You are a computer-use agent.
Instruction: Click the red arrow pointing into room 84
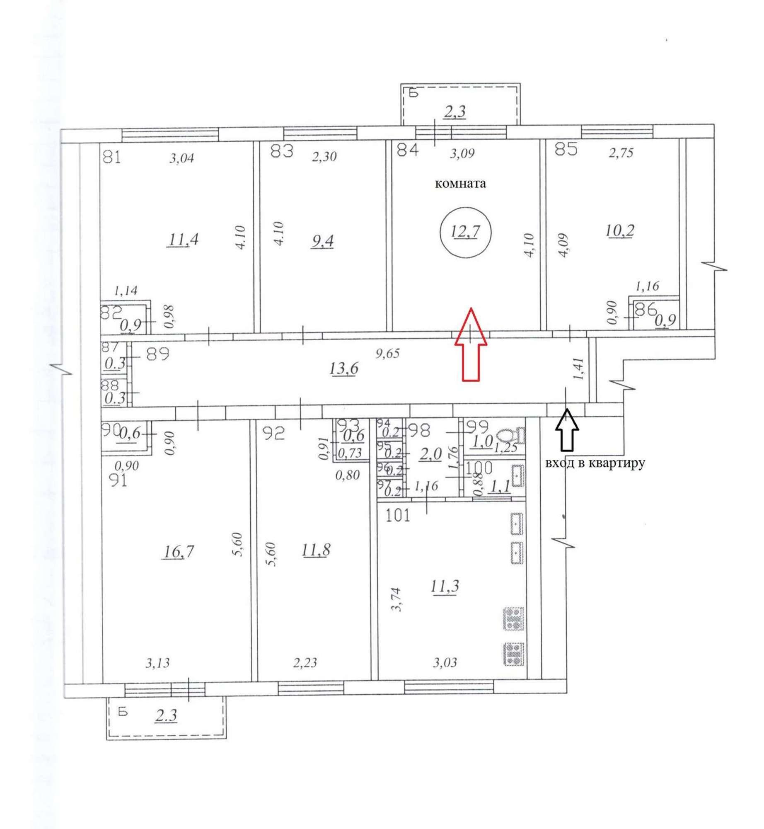[471, 344]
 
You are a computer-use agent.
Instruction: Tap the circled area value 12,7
[465, 232]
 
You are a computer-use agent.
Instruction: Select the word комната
[460, 184]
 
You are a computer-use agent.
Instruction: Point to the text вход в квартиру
[595, 463]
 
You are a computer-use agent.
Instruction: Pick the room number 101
[398, 516]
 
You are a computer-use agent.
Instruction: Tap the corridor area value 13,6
[344, 368]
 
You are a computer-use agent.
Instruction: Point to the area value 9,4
[322, 240]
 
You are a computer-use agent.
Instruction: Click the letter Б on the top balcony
[413, 92]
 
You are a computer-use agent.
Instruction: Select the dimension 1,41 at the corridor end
[581, 369]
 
